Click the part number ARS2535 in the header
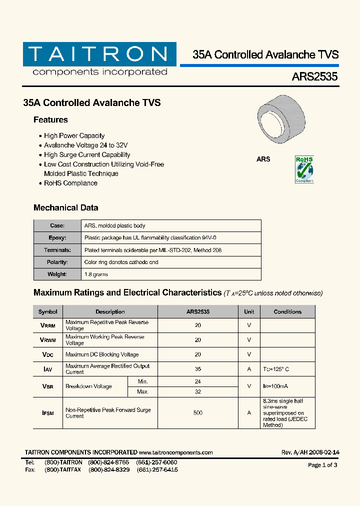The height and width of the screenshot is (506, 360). point(314,77)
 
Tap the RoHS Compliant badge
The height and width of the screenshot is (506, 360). point(304,169)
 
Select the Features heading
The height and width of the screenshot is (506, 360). point(50,120)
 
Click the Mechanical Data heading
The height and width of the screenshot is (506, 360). point(65,207)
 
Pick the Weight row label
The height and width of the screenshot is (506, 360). point(57,274)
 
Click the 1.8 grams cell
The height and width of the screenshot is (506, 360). point(96,274)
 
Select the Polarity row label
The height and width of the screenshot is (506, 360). point(57,262)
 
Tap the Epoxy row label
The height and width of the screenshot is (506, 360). point(57,238)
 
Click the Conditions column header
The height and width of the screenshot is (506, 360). point(287,311)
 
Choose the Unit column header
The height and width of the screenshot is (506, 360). point(249,311)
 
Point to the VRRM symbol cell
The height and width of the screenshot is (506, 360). point(47,325)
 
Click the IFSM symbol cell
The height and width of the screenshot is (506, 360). point(47,413)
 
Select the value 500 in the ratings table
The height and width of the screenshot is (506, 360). point(198,413)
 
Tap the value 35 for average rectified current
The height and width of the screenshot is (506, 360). point(198,369)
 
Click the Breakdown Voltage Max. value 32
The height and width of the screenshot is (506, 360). point(198,391)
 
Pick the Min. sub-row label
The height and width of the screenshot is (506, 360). point(142,381)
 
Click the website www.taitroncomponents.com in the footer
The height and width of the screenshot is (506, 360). point(176,452)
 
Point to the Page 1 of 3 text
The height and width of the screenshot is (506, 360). point(322,465)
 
